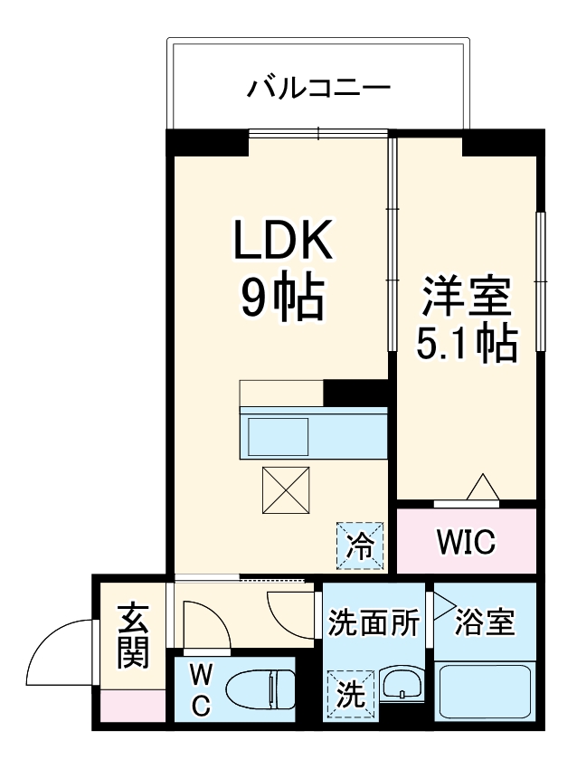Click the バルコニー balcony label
[x=318, y=89]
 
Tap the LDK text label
[x=281, y=242]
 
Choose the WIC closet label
[x=466, y=543]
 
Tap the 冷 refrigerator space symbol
[x=360, y=546]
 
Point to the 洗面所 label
[x=373, y=622]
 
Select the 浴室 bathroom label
[x=485, y=622]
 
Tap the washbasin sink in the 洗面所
[x=400, y=685]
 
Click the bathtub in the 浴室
[x=485, y=693]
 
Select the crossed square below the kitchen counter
[x=286, y=489]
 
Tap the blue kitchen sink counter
[x=313, y=433]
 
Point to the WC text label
[x=201, y=689]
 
